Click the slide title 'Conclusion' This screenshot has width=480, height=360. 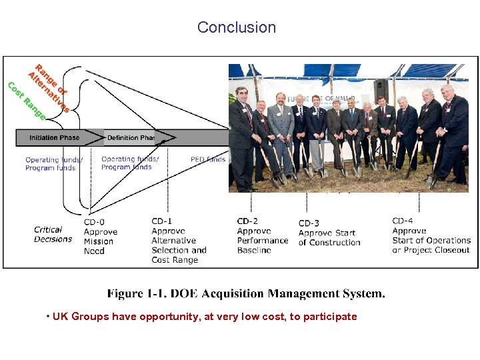[x=236, y=27]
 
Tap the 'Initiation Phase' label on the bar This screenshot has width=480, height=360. [x=54, y=138]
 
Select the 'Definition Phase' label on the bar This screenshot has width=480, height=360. [x=131, y=138]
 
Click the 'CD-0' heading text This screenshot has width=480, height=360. [x=94, y=222]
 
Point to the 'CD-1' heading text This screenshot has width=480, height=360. [x=162, y=221]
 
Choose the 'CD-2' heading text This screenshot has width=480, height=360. [x=247, y=221]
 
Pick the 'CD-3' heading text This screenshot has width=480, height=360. [x=309, y=223]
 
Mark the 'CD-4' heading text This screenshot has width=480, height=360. [x=403, y=221]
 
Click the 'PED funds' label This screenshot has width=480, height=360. [x=208, y=159]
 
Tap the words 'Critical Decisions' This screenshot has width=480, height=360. [x=53, y=234]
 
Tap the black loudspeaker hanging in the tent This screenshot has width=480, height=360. [x=381, y=91]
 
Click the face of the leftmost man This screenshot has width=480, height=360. [x=241, y=95]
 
